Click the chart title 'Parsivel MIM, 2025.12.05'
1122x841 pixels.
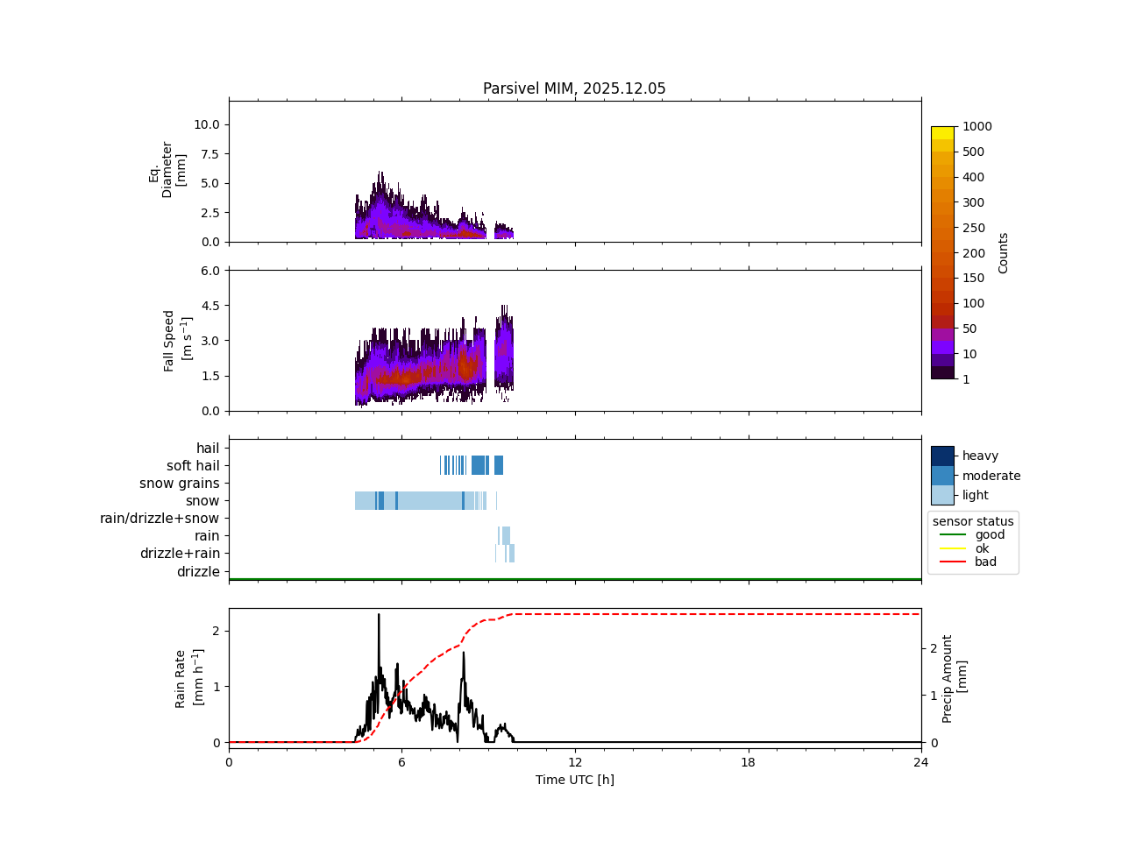(x=574, y=88)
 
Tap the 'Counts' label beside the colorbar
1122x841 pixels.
(x=1003, y=253)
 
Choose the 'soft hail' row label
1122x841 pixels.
(x=193, y=466)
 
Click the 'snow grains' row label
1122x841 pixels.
(x=179, y=484)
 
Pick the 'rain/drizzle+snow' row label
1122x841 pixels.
(x=160, y=519)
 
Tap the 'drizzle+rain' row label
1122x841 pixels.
(x=180, y=554)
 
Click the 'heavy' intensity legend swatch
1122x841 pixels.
(x=942, y=456)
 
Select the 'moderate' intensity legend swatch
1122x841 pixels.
(x=942, y=476)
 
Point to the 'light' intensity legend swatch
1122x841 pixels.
(x=942, y=495)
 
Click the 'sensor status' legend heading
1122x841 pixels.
(x=973, y=521)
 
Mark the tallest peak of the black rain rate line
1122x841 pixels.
(x=379, y=615)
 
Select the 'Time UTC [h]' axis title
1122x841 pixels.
(x=574, y=780)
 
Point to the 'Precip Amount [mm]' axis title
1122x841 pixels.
(x=955, y=679)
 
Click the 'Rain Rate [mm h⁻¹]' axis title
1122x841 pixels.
(x=189, y=678)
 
